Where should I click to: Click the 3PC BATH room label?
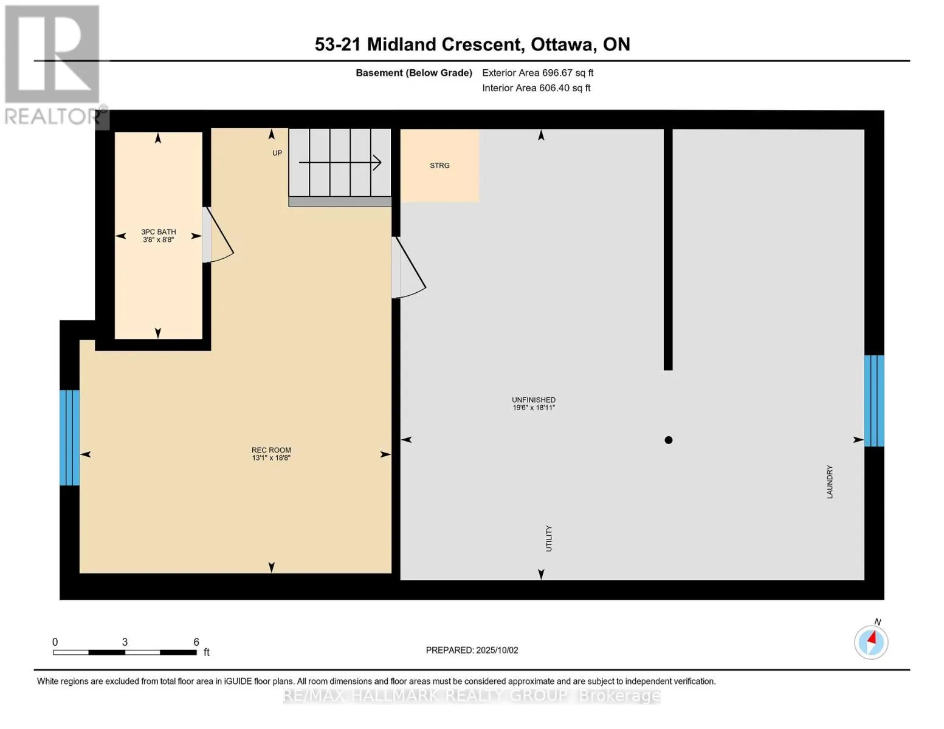click(158, 232)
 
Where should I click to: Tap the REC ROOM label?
click(271, 450)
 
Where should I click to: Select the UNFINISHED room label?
click(534, 400)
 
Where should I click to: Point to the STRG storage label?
click(439, 165)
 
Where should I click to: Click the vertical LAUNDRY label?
click(830, 482)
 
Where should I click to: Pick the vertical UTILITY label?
click(549, 538)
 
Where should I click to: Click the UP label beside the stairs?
click(277, 153)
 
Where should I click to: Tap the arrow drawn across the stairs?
click(340, 163)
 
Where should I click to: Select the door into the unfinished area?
click(409, 267)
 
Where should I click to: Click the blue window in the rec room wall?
click(69, 437)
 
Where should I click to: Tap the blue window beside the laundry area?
click(874, 401)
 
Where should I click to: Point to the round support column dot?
click(669, 440)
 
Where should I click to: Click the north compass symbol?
click(871, 642)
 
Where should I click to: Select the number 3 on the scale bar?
click(125, 642)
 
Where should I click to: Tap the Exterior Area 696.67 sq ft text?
click(538, 73)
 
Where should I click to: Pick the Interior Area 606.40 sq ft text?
click(537, 88)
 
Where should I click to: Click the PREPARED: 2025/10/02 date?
click(472, 650)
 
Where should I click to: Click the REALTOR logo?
click(53, 65)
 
